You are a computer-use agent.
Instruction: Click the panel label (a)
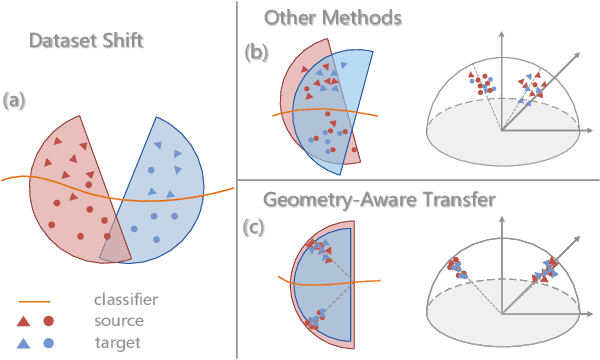(x=15, y=100)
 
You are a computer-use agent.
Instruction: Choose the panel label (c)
(x=257, y=226)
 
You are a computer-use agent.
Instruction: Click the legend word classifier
(x=124, y=299)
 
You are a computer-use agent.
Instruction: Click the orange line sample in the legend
(x=34, y=299)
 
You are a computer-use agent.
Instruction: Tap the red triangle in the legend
(x=25, y=321)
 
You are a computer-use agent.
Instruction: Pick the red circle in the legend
(x=47, y=321)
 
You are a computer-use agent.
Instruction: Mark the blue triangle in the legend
(x=25, y=343)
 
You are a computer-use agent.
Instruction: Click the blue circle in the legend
(x=47, y=343)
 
